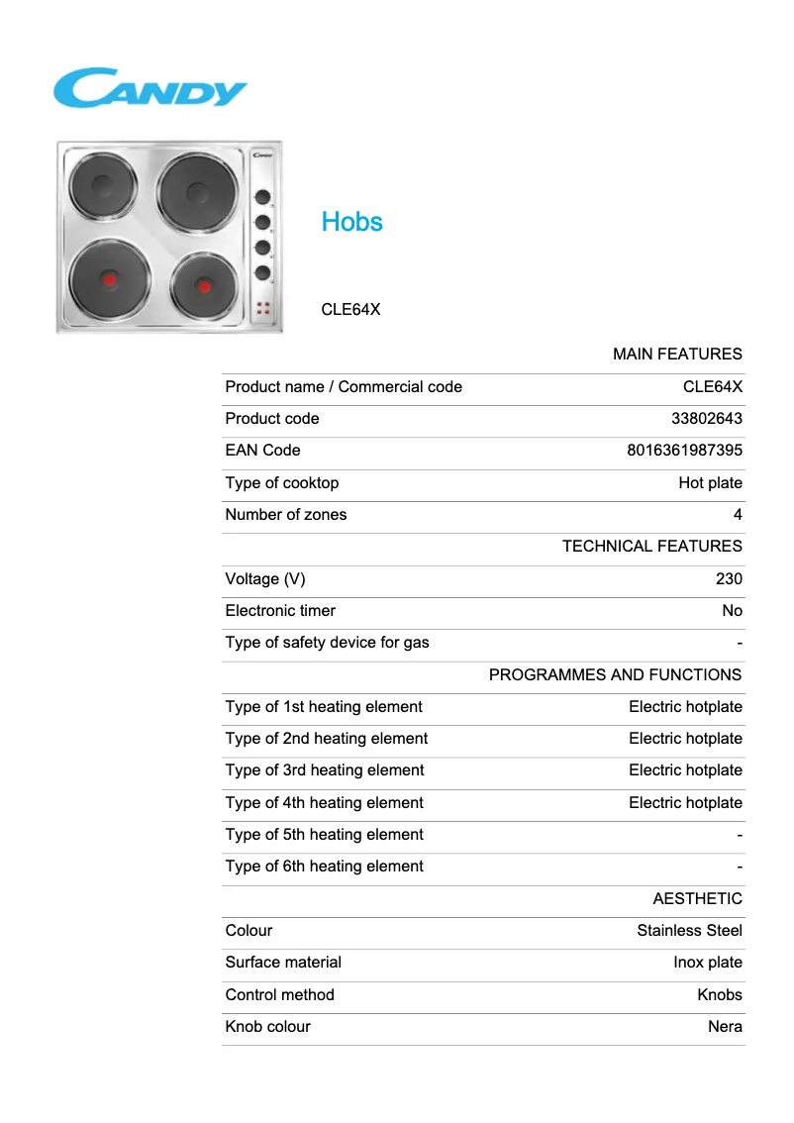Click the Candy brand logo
[x=149, y=88]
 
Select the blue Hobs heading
[x=351, y=222]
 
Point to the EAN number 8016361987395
[x=684, y=451]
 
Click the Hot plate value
[x=710, y=483]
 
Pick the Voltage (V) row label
[x=265, y=579]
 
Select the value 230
[x=729, y=579]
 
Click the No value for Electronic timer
[x=732, y=611]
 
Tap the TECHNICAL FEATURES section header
[x=651, y=547]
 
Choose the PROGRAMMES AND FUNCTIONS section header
[x=615, y=675]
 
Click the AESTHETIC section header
[x=697, y=899]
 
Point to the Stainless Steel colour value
[x=689, y=931]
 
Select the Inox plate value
[x=707, y=963]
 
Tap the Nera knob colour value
[x=725, y=1027]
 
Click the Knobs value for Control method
[x=719, y=995]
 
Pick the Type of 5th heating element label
[x=324, y=835]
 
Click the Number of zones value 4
[x=738, y=515]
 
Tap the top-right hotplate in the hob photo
[x=197, y=191]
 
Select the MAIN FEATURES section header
[x=677, y=355]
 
